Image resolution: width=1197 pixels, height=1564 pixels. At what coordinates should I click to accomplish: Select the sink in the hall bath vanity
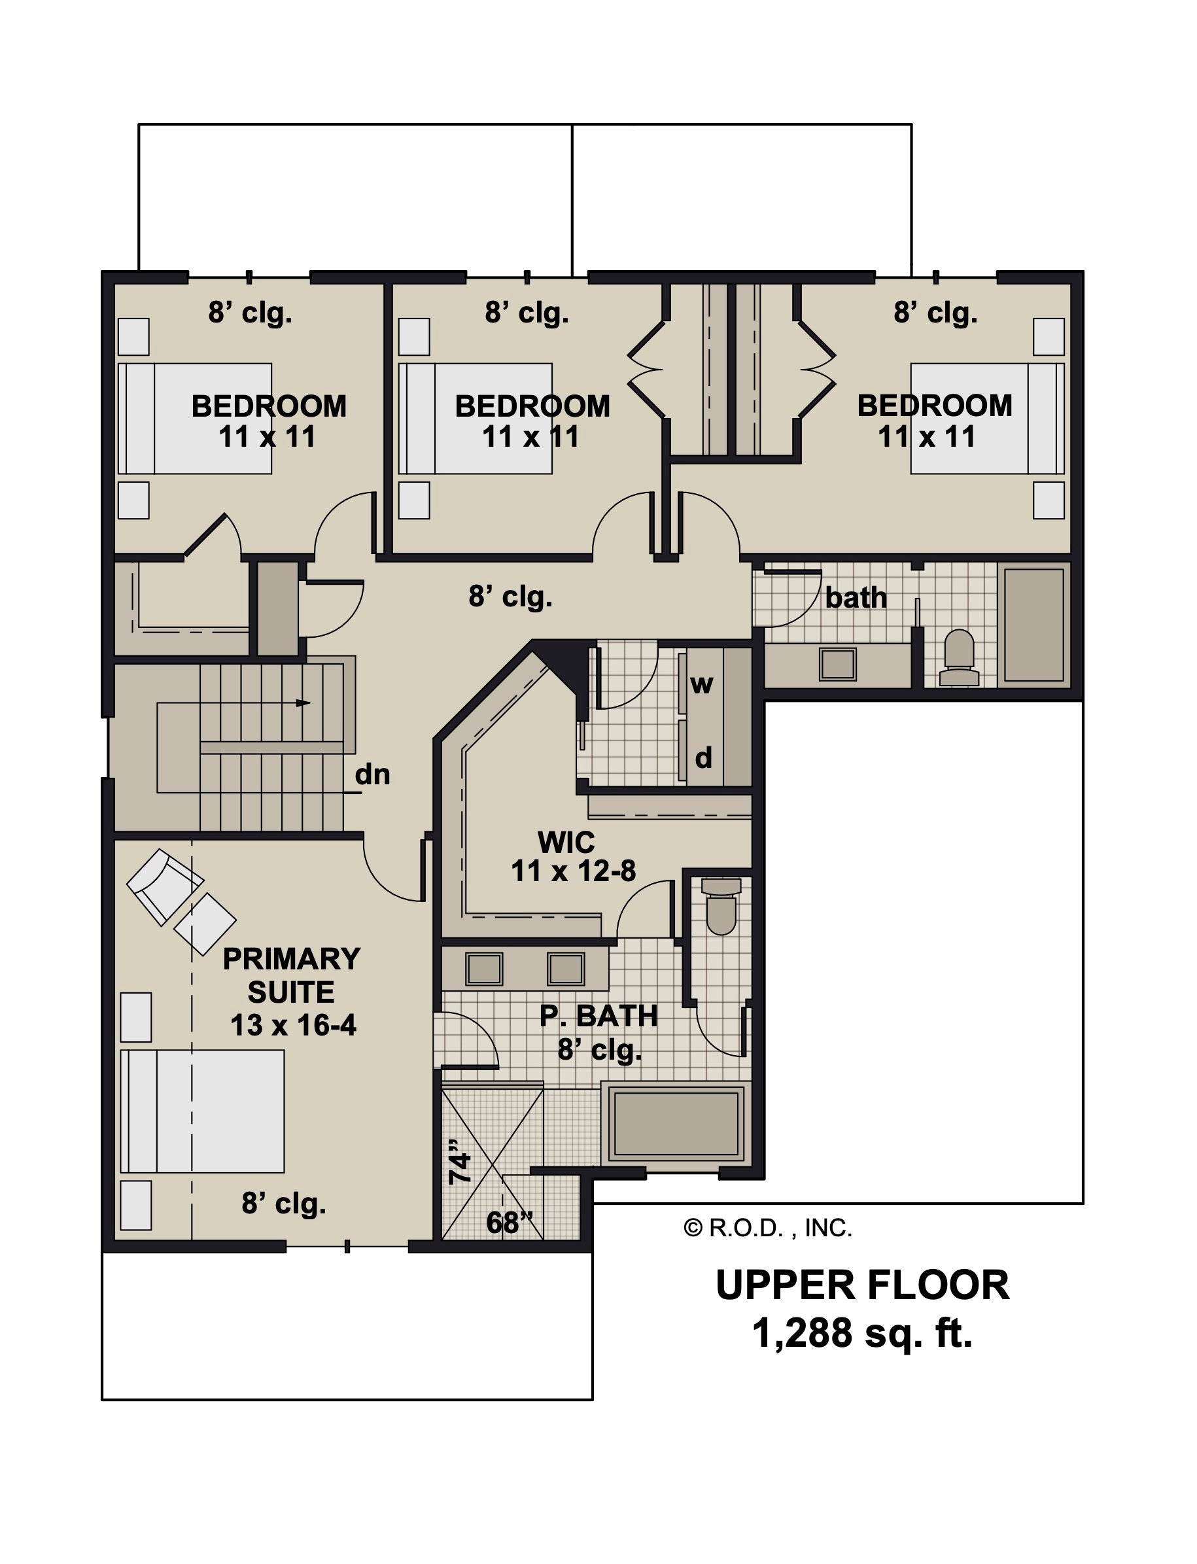pyautogui.click(x=837, y=664)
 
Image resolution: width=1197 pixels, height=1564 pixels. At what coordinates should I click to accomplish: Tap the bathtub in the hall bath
pyautogui.click(x=1034, y=624)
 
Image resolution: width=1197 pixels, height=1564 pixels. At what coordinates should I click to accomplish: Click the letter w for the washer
pyautogui.click(x=701, y=685)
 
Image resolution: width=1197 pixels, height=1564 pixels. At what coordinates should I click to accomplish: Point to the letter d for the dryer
pyautogui.click(x=703, y=757)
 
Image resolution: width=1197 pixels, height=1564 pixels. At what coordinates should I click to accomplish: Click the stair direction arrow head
pyautogui.click(x=304, y=703)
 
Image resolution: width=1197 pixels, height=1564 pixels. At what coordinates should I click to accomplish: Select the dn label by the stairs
pyautogui.click(x=372, y=774)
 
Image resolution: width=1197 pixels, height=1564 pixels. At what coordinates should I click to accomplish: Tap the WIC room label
pyautogui.click(x=566, y=843)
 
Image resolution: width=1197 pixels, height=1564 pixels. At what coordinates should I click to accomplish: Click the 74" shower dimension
pyautogui.click(x=460, y=1162)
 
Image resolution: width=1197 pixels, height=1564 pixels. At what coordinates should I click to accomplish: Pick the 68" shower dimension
pyautogui.click(x=510, y=1223)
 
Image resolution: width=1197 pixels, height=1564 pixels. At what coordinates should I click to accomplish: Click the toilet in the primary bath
pyautogui.click(x=721, y=905)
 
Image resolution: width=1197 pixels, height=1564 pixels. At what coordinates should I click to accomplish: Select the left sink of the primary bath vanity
pyautogui.click(x=485, y=969)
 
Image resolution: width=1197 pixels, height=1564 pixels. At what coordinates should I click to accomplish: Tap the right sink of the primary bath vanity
pyautogui.click(x=566, y=969)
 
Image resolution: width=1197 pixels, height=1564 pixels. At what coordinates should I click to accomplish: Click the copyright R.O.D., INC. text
pyautogui.click(x=767, y=1228)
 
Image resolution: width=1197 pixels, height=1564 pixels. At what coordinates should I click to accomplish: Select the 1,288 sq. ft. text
pyautogui.click(x=862, y=1332)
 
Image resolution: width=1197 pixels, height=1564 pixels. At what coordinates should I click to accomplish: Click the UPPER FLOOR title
pyautogui.click(x=862, y=1285)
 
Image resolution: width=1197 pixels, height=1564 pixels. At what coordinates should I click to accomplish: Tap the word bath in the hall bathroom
pyautogui.click(x=856, y=598)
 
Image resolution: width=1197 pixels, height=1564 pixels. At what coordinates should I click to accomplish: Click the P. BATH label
pyautogui.click(x=598, y=1016)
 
